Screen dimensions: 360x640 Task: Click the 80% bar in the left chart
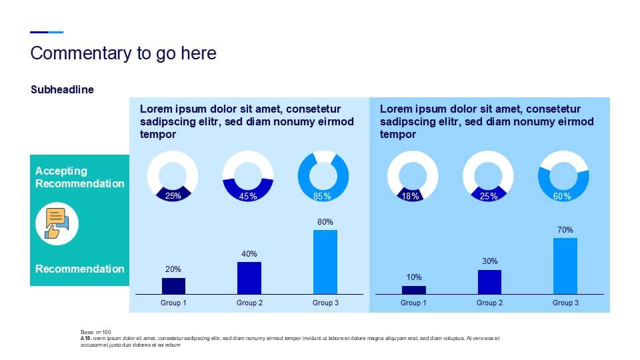(325, 261)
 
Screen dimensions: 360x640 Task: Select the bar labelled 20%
(173, 285)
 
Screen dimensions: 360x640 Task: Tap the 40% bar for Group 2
(249, 277)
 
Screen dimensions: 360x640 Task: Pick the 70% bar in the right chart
(565, 265)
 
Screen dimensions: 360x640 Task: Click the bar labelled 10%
(413, 289)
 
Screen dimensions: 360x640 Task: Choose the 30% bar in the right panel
(489, 281)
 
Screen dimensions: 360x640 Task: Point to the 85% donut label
(323, 197)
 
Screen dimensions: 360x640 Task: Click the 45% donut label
(248, 197)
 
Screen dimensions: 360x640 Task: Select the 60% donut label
(563, 197)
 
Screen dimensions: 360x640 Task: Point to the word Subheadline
(62, 89)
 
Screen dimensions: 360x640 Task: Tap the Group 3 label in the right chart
(565, 303)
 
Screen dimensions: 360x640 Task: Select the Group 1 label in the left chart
(173, 303)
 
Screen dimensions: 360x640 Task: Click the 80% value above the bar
(325, 222)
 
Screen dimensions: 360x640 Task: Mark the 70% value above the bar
(565, 230)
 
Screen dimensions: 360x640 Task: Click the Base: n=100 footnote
(95, 331)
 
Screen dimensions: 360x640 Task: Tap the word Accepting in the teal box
(61, 171)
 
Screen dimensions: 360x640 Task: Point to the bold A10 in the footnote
(86, 338)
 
